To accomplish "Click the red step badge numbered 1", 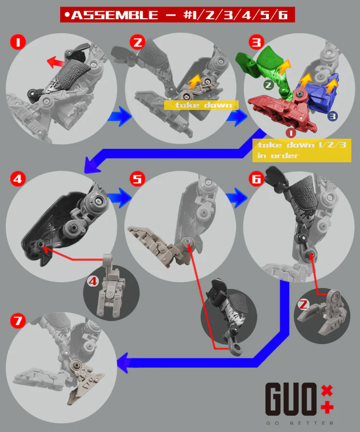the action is pyautogui.click(x=18, y=42).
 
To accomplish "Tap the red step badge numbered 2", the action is pyautogui.click(x=137, y=42).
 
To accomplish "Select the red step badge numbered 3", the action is pyautogui.click(x=256, y=42).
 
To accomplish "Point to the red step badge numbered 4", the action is pyautogui.click(x=18, y=179).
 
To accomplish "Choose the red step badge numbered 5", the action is pyautogui.click(x=137, y=179).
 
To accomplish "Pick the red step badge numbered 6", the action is pyautogui.click(x=256, y=179).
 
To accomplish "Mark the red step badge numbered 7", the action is pyautogui.click(x=18, y=321).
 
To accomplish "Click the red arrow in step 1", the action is pyautogui.click(x=55, y=62).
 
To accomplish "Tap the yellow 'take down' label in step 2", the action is pyautogui.click(x=201, y=105).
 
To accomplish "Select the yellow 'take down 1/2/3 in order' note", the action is pyautogui.click(x=302, y=150).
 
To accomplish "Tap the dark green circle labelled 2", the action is pyautogui.click(x=268, y=84).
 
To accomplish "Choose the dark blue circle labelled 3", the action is pyautogui.click(x=333, y=116).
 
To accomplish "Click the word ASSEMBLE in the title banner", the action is pyautogui.click(x=115, y=15).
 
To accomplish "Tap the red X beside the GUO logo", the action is pyautogui.click(x=327, y=391).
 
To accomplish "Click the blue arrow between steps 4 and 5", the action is pyautogui.click(x=119, y=197).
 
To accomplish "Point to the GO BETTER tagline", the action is pyautogui.click(x=300, y=423).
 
